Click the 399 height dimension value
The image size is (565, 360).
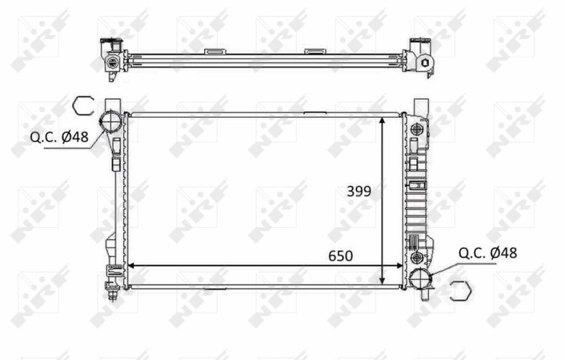coord(359,191)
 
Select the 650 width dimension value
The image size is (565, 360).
coord(339,255)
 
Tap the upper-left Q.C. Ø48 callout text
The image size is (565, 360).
coord(59,137)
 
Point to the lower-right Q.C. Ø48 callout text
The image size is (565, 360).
coord(488,252)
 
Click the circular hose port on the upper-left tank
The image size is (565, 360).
coord(110,121)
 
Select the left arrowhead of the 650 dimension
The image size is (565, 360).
coord(131,266)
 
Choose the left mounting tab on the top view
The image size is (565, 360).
coord(213,51)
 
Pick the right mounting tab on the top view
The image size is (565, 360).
coord(314,51)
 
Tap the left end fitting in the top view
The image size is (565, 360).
coord(111,60)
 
